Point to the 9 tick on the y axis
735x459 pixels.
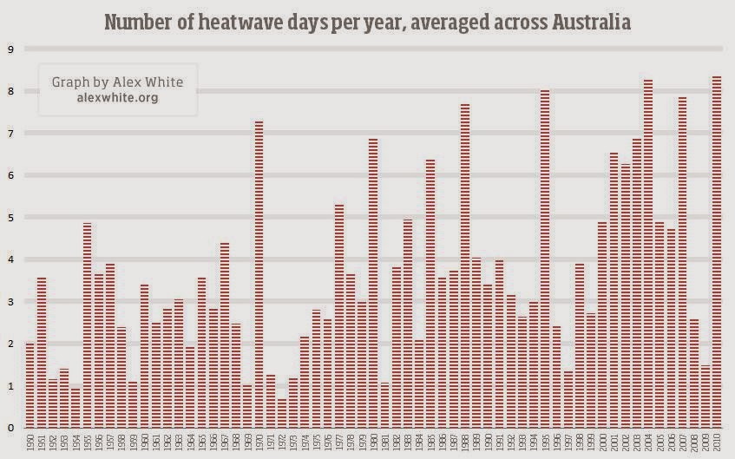point(10,49)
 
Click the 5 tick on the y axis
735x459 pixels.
point(10,218)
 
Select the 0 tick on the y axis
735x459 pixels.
point(10,428)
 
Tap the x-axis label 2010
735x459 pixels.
point(717,443)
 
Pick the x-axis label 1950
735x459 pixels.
point(30,443)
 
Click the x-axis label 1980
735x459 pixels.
point(373,443)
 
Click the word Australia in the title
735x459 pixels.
point(587,21)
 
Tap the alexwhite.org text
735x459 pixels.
point(118,98)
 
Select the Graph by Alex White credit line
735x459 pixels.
point(118,82)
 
